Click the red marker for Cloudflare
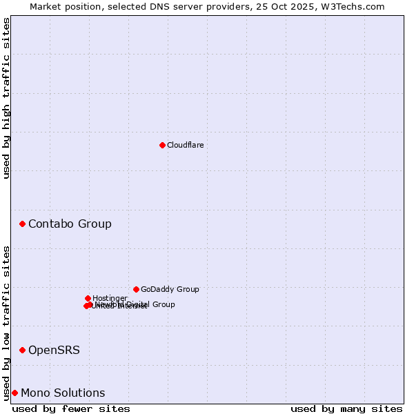coord(162,145)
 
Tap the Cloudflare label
coord(185,145)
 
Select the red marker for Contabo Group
coord(23,224)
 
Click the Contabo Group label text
coord(70,224)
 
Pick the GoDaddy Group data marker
coord(136,289)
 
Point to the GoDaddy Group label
coord(170,289)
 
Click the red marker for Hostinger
coord(88,298)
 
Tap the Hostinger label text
coord(110,298)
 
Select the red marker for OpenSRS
coord(23,350)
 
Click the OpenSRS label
coord(54,350)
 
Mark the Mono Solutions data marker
coord(14,393)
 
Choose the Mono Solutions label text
coord(63,393)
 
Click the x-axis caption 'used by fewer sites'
coord(71,408)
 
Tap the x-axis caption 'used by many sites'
coord(346,408)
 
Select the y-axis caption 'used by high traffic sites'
coord(6,98)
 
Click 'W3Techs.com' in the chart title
coord(356,6)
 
